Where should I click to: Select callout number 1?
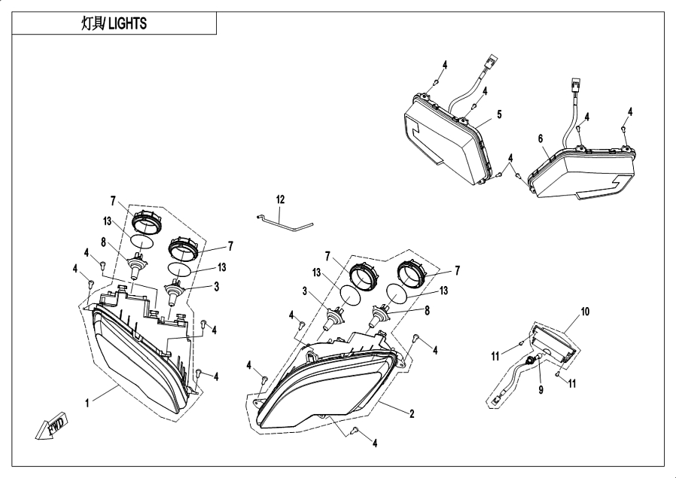[87, 403]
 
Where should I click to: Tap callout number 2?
[412, 413]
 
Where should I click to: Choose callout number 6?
[540, 139]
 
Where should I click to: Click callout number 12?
[280, 199]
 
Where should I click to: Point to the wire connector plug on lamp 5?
[492, 61]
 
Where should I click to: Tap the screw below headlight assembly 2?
[356, 433]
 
